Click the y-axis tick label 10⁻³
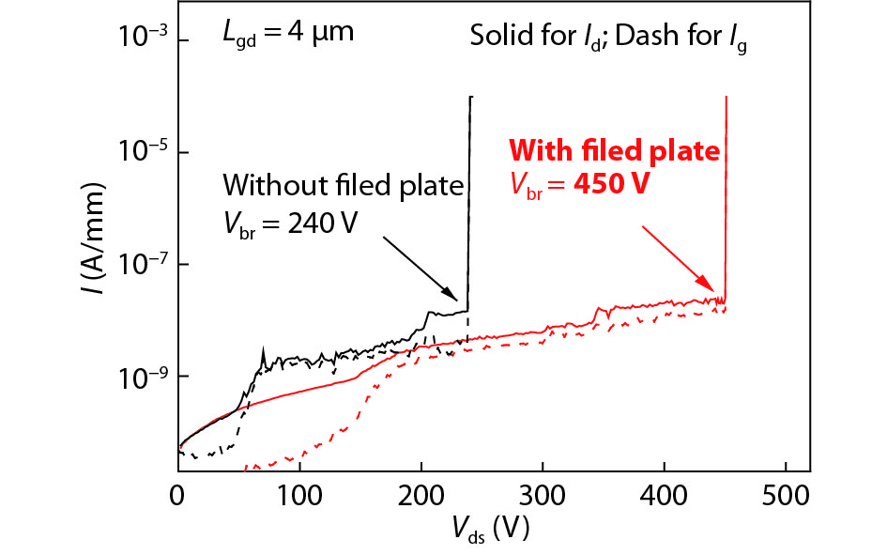(141, 38)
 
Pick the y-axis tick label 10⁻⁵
(141, 150)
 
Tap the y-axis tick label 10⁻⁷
(141, 263)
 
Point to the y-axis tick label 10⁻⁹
(141, 375)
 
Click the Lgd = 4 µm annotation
(287, 35)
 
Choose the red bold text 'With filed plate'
(614, 151)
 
